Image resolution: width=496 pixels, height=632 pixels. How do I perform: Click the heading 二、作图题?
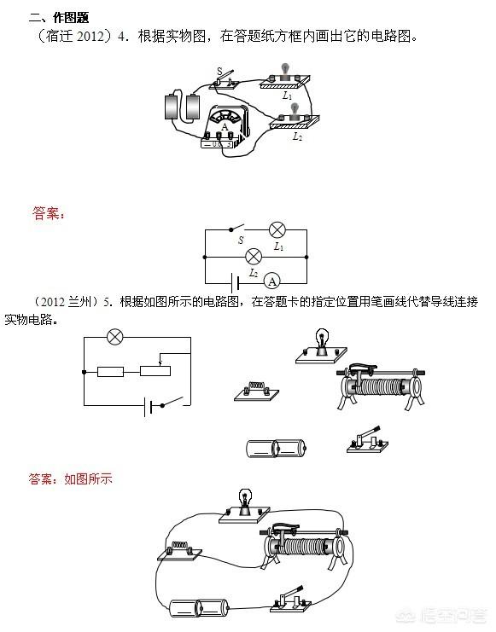[59, 18]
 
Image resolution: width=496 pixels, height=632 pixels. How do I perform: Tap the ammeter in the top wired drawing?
[225, 127]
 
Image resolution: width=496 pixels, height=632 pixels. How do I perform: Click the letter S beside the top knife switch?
[219, 71]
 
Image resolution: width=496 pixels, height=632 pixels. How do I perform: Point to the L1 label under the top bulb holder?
[287, 96]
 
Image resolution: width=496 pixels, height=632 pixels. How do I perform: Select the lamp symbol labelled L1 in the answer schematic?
[277, 230]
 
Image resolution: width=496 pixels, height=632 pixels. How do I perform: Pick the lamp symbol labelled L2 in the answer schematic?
[254, 257]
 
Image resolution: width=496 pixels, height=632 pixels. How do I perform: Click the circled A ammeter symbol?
[272, 281]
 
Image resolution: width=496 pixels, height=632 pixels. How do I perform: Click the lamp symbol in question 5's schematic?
[115, 337]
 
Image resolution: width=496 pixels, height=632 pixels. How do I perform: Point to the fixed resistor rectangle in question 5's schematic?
[111, 372]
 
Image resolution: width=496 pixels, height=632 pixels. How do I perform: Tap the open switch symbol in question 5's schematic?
[172, 403]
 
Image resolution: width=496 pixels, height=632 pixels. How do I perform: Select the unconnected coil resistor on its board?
[257, 391]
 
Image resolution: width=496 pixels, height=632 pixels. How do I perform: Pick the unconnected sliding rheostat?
[381, 386]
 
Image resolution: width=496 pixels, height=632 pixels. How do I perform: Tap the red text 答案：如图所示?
[70, 478]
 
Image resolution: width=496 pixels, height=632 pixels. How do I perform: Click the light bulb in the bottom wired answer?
[244, 507]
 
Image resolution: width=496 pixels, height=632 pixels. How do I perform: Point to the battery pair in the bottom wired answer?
[199, 608]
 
